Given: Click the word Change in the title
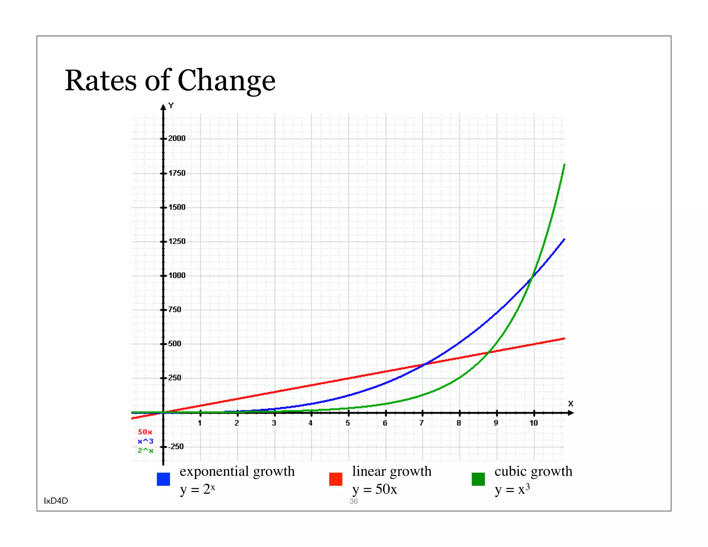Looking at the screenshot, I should point(226,81).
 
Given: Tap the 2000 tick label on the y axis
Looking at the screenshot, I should point(177,138).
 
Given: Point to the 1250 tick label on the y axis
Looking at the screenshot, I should point(177,241).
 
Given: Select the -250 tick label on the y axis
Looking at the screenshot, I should point(176,446).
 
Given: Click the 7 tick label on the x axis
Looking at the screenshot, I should point(421,423).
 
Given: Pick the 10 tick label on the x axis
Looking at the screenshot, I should point(534,423).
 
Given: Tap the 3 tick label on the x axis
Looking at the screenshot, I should point(274,423).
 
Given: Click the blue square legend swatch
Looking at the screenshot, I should point(163,479).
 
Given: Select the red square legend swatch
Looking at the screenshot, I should point(336,479).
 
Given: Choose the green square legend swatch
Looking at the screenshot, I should point(478,479).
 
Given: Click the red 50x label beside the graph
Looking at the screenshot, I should point(145,432).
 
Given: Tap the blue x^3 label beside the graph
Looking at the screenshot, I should point(145,441).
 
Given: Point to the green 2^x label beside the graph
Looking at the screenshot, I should point(145,451).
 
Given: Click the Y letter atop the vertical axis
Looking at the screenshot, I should point(171,105).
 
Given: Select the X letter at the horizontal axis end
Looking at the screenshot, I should point(570,404).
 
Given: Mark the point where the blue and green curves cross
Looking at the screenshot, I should point(532,276).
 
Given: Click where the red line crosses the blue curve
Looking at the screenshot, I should point(423,364).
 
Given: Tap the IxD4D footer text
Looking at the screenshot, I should point(56,501).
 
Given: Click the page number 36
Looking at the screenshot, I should point(353,501).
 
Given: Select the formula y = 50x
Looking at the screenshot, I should point(375,489).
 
